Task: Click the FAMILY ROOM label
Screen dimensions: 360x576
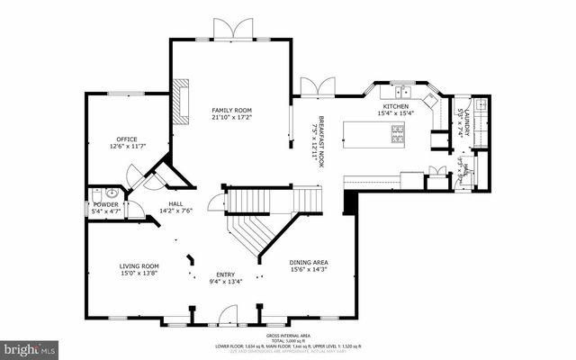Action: click(231, 109)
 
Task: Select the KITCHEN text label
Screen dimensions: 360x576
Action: click(397, 105)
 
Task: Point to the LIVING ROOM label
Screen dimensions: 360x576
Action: click(139, 266)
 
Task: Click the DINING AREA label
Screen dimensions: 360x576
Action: click(309, 262)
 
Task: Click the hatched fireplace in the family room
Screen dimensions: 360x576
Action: click(184, 100)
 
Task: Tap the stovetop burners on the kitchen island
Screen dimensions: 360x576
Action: click(398, 134)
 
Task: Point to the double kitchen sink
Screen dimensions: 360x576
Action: click(400, 91)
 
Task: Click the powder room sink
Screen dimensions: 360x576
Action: click(112, 193)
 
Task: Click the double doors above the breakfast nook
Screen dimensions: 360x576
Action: click(317, 86)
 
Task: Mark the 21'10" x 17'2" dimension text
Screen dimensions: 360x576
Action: click(231, 117)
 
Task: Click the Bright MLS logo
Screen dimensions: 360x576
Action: click(29, 346)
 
